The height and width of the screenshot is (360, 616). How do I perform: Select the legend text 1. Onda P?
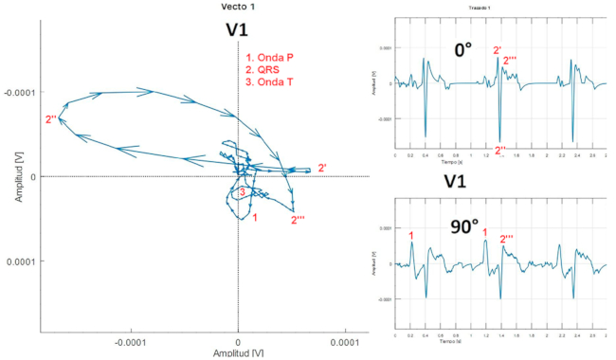click(269, 58)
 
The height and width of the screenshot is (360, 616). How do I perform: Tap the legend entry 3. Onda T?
click(269, 82)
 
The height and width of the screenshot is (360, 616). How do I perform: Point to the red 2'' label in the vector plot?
click(51, 119)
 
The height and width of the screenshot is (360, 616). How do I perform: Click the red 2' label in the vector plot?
click(322, 169)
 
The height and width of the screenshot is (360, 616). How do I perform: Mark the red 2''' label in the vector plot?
click(298, 221)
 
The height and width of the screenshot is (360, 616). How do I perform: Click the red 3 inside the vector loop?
click(243, 192)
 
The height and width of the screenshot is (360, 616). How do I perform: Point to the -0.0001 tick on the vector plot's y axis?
click(19, 92)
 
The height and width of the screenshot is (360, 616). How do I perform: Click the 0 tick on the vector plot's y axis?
click(33, 176)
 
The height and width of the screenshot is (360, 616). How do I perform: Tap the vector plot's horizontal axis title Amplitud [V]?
click(237, 353)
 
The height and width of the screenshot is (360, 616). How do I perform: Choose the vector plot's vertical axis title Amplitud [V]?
click(8, 176)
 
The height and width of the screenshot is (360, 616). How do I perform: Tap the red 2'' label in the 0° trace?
click(499, 149)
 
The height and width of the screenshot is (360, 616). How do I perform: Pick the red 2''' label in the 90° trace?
click(509, 240)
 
